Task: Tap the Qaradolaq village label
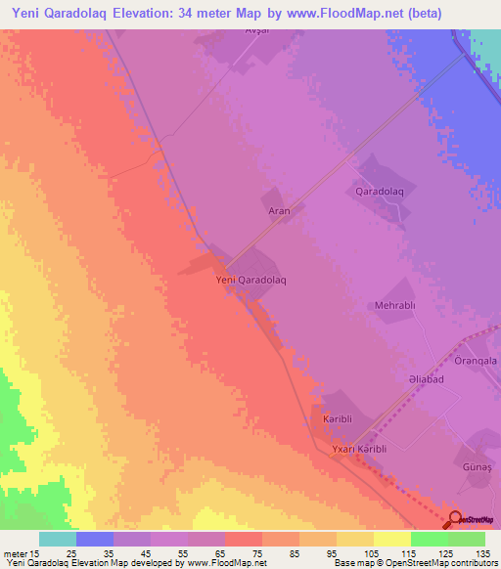[380, 191]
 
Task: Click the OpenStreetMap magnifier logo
[454, 519]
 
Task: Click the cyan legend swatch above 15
[58, 539]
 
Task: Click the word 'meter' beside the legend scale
[16, 552]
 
